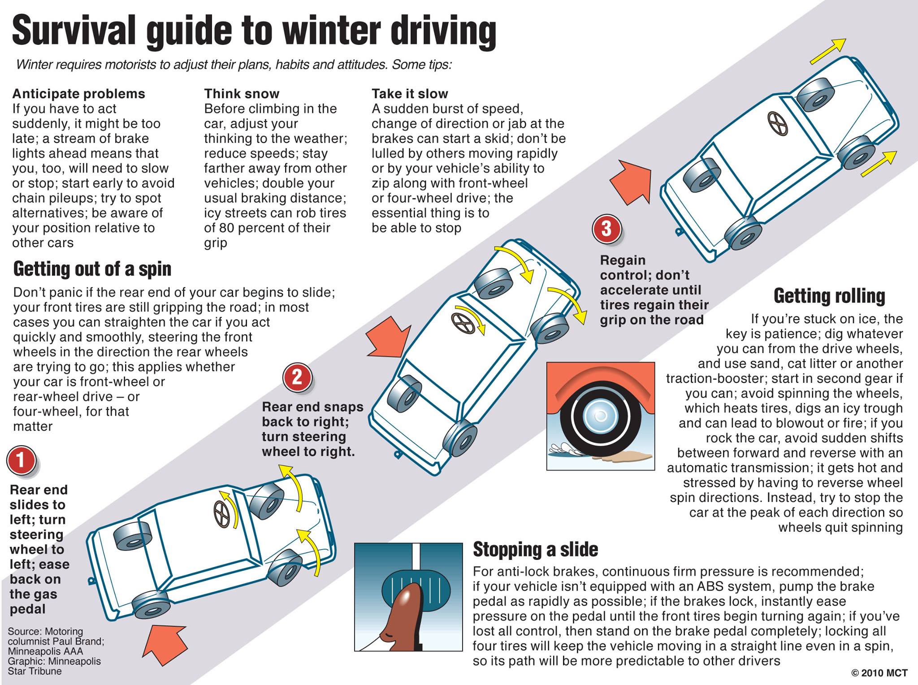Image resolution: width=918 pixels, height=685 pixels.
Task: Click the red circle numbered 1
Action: [x=21, y=460]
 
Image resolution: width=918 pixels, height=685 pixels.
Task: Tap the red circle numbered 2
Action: [x=297, y=377]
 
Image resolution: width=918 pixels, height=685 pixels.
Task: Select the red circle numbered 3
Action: [x=606, y=229]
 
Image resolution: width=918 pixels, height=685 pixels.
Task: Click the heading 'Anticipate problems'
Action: [x=79, y=94]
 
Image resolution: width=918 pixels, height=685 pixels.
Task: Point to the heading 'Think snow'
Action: [x=242, y=94]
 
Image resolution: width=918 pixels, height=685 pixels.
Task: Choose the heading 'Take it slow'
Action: [x=410, y=94]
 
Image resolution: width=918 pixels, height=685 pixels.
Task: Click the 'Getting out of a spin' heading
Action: [x=92, y=269]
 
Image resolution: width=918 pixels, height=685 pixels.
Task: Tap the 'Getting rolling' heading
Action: [x=829, y=296]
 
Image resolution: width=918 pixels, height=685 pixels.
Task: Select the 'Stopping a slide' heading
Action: [x=536, y=549]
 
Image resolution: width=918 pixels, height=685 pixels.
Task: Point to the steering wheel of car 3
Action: [x=777, y=123]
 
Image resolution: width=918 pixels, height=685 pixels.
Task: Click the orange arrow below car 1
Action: [x=164, y=645]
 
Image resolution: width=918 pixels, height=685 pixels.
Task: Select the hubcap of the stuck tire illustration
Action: [x=600, y=416]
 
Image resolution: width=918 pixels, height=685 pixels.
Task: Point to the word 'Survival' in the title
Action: [x=74, y=30]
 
